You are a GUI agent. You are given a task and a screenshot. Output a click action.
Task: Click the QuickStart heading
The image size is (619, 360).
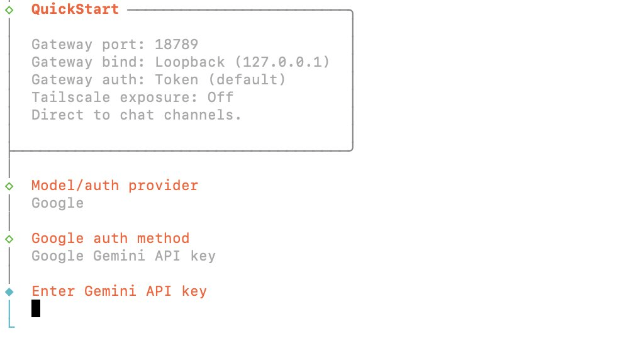tap(75, 9)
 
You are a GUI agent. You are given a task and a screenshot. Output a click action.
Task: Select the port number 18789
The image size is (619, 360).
tap(176, 45)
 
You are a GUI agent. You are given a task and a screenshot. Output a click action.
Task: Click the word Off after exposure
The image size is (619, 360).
tap(220, 98)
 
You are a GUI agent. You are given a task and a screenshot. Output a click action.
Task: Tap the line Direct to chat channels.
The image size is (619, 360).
tap(137, 115)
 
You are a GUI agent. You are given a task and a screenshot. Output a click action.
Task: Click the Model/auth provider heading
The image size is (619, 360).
tap(114, 186)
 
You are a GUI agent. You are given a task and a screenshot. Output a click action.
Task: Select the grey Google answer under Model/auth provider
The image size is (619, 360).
tap(57, 203)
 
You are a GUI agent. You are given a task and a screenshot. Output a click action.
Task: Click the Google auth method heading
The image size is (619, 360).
tap(110, 239)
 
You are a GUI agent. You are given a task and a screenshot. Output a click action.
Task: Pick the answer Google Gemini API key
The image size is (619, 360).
tap(123, 256)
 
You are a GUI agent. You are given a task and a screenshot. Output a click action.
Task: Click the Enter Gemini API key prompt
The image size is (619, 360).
tap(119, 291)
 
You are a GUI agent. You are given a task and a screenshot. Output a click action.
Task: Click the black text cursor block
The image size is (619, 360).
tap(36, 308)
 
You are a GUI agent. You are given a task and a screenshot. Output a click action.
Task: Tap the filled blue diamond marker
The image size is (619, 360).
tap(9, 292)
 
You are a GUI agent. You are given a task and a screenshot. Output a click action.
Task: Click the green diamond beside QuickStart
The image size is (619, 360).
tap(9, 10)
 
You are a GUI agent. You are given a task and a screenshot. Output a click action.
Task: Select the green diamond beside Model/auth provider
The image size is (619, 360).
tap(9, 186)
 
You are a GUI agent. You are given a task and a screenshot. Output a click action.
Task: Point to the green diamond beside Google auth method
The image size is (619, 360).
tap(9, 239)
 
